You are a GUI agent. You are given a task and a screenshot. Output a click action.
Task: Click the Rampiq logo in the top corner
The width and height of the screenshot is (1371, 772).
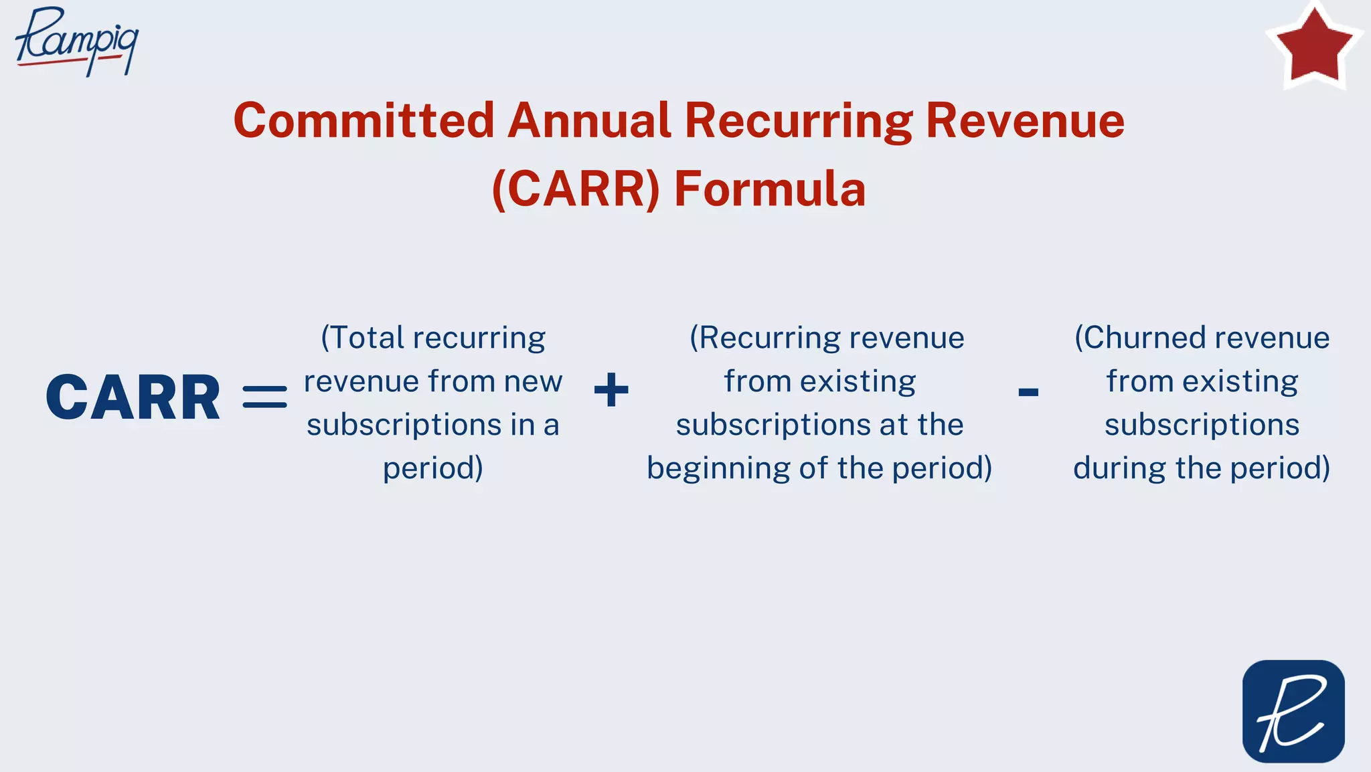(77, 40)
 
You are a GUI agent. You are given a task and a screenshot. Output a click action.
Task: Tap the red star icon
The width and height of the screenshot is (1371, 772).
(1314, 45)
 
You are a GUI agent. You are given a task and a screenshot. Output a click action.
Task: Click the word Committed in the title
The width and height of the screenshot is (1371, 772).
(364, 121)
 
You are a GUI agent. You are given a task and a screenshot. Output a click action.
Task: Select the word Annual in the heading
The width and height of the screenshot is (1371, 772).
(589, 121)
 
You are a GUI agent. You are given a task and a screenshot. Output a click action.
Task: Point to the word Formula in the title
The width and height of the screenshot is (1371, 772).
(770, 189)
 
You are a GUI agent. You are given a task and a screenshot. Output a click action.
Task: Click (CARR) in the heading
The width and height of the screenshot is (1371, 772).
(576, 189)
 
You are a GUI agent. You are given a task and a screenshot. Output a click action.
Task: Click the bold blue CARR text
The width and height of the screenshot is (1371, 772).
(133, 398)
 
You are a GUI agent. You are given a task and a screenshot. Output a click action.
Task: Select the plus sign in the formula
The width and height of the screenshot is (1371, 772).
(611, 390)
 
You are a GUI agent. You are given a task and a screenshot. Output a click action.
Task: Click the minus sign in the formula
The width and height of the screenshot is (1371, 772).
(1028, 392)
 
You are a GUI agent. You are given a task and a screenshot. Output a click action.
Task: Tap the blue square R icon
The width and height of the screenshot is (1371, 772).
(1293, 711)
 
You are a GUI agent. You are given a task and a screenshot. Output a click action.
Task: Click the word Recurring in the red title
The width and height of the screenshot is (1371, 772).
(798, 121)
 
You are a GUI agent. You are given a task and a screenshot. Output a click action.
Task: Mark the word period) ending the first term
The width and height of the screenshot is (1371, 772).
(433, 468)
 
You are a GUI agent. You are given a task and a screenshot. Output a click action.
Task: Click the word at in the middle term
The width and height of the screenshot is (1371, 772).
(892, 425)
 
